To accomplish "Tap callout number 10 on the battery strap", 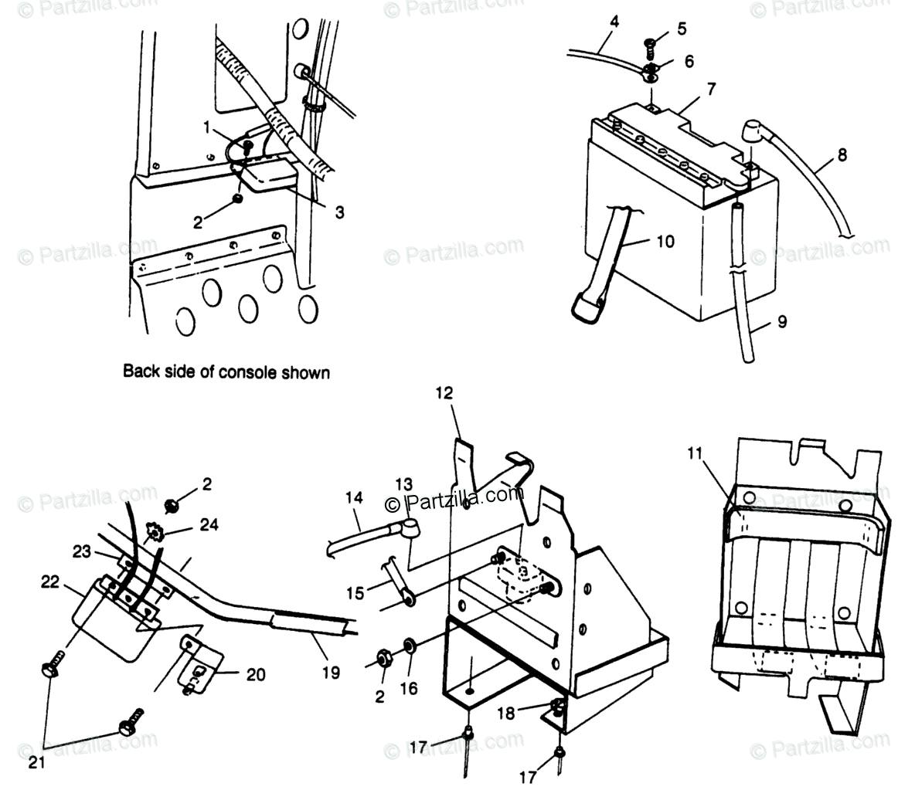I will click(664, 242).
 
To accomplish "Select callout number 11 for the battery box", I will click(695, 453).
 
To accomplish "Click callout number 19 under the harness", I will click(330, 673).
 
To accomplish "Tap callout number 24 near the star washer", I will click(208, 525).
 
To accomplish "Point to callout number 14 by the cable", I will click(354, 499).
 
